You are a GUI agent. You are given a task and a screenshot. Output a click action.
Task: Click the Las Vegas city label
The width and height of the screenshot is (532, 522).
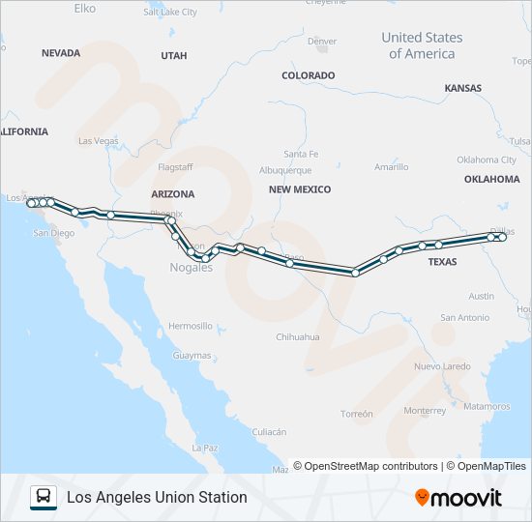[x=98, y=140]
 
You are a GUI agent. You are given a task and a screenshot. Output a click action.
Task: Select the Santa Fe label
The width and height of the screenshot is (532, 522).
[x=301, y=154]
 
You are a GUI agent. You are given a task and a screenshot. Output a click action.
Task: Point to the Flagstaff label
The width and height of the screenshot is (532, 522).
[x=175, y=166]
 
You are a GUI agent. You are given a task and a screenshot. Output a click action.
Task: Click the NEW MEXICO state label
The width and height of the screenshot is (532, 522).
[x=300, y=189]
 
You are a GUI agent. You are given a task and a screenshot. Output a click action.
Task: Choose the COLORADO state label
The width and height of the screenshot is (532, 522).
[x=308, y=75]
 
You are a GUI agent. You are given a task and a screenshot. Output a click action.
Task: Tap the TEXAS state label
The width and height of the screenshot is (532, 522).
[x=442, y=262]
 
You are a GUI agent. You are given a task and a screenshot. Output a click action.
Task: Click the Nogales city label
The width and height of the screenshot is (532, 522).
[x=191, y=268]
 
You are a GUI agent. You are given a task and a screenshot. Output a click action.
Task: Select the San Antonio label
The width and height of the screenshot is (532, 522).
[x=464, y=317]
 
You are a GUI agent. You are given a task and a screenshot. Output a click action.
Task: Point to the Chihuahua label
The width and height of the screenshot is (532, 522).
[x=298, y=337]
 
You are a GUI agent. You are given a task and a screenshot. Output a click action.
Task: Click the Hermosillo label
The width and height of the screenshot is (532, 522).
[x=190, y=326]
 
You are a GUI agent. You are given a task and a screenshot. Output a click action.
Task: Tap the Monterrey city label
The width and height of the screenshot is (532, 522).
[x=426, y=410]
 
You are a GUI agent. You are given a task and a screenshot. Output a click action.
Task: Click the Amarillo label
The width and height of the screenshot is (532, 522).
[x=391, y=166]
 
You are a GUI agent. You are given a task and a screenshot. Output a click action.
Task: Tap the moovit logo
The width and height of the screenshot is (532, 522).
[x=458, y=498]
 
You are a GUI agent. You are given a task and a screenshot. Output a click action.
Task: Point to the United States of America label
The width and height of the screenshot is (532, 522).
[x=422, y=45]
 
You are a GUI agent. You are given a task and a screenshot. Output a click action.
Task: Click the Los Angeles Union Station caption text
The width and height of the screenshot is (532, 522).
[x=157, y=497]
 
